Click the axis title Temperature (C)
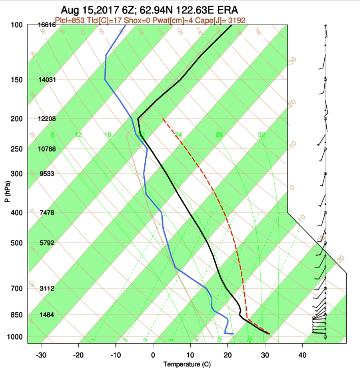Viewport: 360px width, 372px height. pyautogui.click(x=187, y=364)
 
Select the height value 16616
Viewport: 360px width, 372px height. pyautogui.click(x=46, y=25)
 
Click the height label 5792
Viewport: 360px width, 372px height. pyautogui.click(x=46, y=243)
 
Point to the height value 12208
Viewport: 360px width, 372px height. pyautogui.click(x=46, y=119)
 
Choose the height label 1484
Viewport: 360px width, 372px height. pyautogui.click(x=46, y=315)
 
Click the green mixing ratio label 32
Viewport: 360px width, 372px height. pyautogui.click(x=262, y=135)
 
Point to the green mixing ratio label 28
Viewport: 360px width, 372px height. pyautogui.click(x=219, y=135)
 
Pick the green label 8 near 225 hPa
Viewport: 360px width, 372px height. pyautogui.click(x=52, y=135)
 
